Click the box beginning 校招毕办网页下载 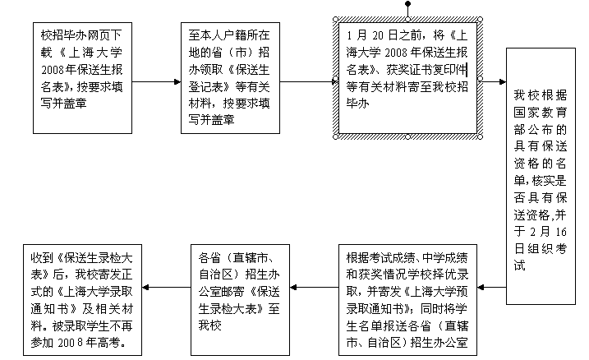pyautogui.click(x=82, y=79)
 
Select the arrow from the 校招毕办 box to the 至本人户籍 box pyautogui.click(x=156, y=81)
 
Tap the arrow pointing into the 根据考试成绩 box pyautogui.click(x=493, y=288)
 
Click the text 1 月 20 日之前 pyautogui.click(x=384, y=35)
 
